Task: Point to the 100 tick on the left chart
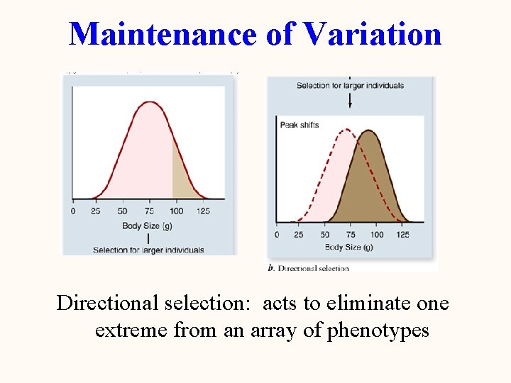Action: (x=177, y=211)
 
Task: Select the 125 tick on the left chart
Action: (x=203, y=211)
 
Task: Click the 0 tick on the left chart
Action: (x=73, y=211)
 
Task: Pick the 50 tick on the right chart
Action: (x=325, y=234)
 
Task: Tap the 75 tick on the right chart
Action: (x=351, y=234)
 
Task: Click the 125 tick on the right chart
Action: (x=402, y=234)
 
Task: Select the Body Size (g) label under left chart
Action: (x=147, y=226)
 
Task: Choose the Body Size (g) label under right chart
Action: (x=348, y=247)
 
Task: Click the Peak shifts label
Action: (x=300, y=125)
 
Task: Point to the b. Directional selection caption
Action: (x=309, y=268)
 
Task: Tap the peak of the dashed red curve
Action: (x=346, y=130)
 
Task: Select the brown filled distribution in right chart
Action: (x=373, y=184)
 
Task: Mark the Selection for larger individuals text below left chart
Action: (x=148, y=250)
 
